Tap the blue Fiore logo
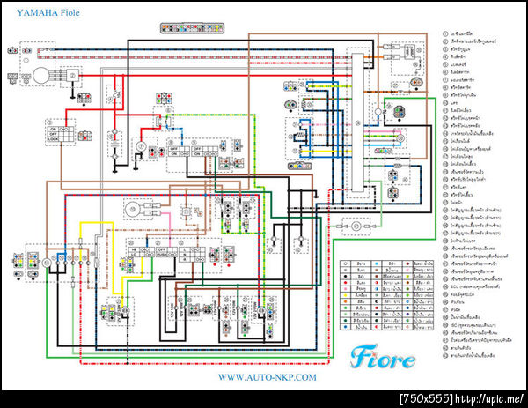click(x=385, y=357)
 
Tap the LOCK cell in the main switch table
click(x=54, y=138)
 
